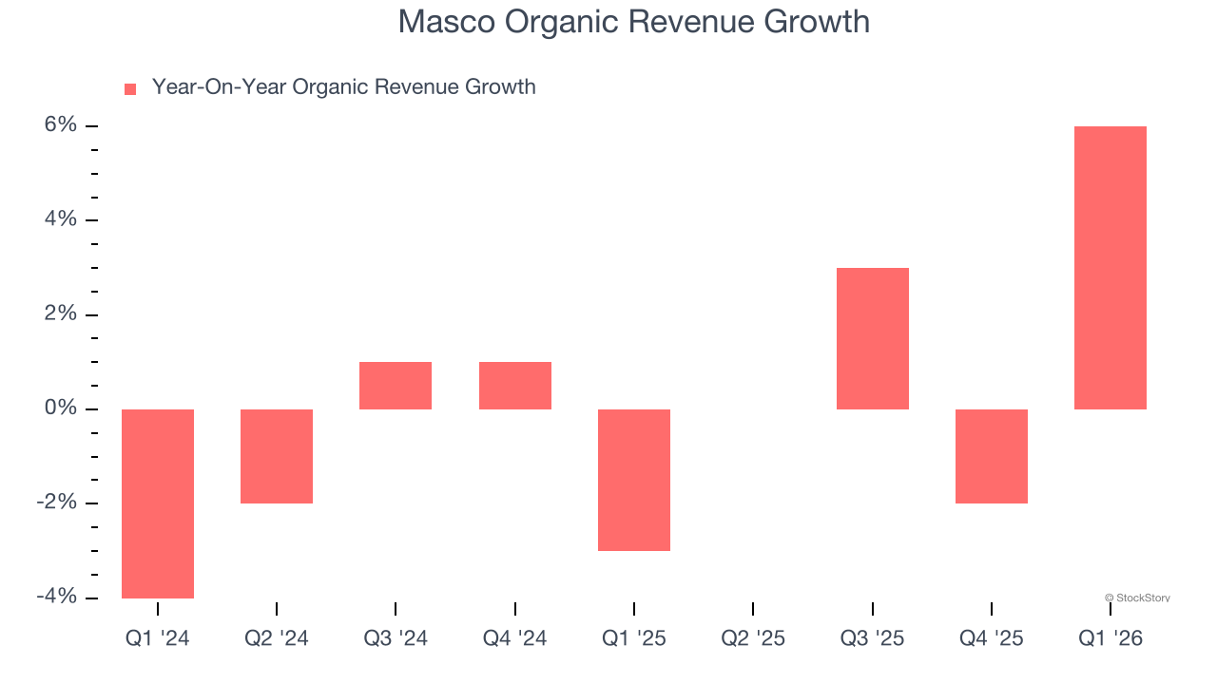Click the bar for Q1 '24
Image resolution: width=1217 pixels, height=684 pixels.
pos(158,503)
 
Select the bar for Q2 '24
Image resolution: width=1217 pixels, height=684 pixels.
pos(277,456)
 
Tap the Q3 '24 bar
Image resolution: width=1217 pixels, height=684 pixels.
pos(396,386)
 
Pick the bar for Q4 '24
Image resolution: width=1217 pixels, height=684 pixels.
pos(515,386)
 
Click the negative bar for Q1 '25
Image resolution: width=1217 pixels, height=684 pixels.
pos(634,480)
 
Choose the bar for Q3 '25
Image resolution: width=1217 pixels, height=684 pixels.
pos(873,338)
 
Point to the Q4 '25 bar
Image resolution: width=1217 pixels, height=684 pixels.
pos(992,456)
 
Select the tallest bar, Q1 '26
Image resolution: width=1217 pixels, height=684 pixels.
pos(1111,268)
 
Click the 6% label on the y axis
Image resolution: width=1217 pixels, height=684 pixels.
pos(58,125)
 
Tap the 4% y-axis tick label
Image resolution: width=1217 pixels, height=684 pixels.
pos(58,219)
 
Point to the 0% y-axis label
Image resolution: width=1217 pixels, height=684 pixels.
pos(58,408)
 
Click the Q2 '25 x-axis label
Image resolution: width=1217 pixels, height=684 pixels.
pos(753,638)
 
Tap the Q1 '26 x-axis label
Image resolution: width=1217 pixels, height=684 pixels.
pos(1111,638)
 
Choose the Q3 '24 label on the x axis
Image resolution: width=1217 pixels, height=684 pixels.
pos(396,638)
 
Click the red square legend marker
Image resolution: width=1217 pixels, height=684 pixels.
pos(130,88)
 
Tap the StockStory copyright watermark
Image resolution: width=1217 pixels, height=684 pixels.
pos(1137,598)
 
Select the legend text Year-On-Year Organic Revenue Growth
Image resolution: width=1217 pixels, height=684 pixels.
pos(343,87)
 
